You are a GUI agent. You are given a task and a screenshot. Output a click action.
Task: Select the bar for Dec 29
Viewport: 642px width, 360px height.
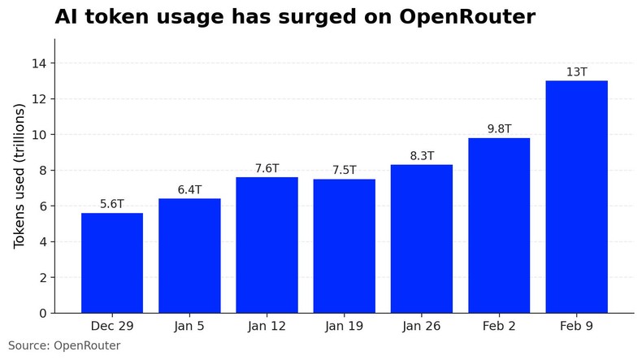112,262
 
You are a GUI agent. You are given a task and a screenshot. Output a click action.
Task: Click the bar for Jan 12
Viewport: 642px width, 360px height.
267,245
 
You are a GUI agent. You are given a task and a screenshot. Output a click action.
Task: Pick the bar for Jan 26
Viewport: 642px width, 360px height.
422,238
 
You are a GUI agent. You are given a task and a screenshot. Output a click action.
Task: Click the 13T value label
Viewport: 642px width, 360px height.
576,72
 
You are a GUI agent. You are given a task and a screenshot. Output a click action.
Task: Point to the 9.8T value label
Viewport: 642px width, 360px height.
499,129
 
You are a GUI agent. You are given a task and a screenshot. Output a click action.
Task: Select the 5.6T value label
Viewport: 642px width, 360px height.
112,204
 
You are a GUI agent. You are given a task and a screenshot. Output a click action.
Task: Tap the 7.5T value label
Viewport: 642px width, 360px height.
344,171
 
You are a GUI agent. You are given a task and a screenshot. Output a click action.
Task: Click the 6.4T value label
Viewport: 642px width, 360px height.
189,190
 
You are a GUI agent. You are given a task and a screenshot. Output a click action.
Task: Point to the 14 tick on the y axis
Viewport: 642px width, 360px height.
40,63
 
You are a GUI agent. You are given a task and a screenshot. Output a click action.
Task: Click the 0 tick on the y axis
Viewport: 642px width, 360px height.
43,313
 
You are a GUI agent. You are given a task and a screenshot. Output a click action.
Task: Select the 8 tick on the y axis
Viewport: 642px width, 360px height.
43,171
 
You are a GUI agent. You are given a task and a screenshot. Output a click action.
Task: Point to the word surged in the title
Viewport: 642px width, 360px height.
313,17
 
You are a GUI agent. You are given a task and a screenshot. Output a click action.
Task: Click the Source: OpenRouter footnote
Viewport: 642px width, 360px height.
64,346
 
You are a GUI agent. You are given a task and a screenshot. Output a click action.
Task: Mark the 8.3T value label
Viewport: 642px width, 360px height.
422,156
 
